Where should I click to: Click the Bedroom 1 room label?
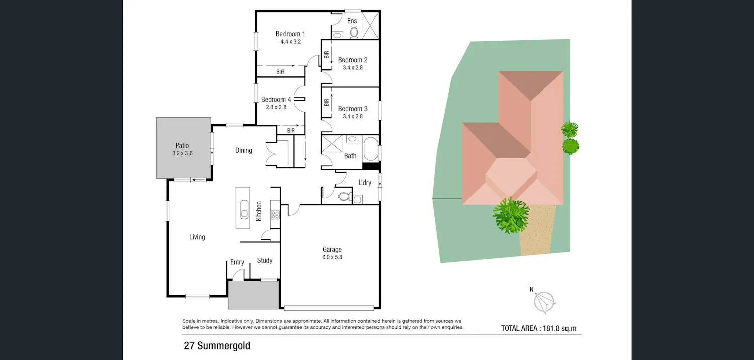[x=290, y=34]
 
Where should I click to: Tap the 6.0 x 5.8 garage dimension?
[x=332, y=257]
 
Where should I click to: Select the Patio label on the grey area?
[x=182, y=145]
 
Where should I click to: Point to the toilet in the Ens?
[x=354, y=33]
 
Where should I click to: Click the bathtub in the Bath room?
[x=370, y=148]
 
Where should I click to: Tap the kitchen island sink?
[x=244, y=209]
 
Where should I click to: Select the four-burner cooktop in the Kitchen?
[x=275, y=215]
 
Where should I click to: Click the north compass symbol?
[x=544, y=301]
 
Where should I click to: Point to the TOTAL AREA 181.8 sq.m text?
[x=538, y=328]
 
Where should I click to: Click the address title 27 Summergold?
[x=217, y=346]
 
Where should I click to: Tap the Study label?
[x=265, y=260]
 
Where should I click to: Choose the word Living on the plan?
[x=197, y=237]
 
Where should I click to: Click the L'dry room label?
[x=365, y=182]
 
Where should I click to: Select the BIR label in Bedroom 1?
[x=280, y=72]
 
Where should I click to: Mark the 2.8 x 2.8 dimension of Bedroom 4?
[x=276, y=107]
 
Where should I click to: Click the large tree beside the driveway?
[x=511, y=215]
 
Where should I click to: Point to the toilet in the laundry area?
[x=345, y=196]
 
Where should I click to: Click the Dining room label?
[x=244, y=150]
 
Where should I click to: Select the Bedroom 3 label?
[x=353, y=109]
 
